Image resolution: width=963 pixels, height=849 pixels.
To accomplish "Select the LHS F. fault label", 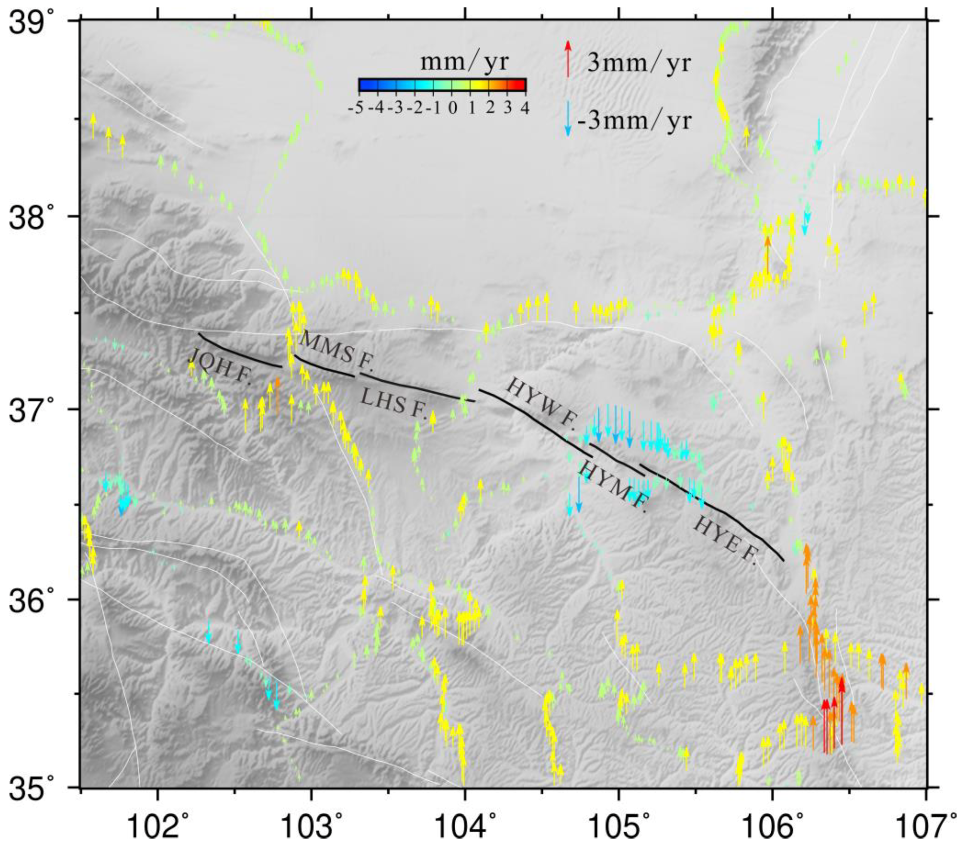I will click(x=393, y=404).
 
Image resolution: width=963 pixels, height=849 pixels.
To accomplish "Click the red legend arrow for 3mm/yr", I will click(x=568, y=59).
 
